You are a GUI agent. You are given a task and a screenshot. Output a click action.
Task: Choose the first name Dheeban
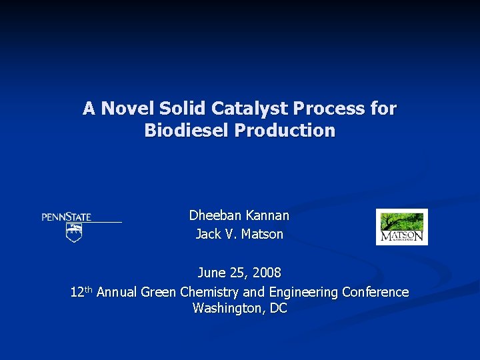pyautogui.click(x=214, y=215)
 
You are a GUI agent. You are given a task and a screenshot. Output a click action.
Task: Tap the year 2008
pyautogui.click(x=267, y=273)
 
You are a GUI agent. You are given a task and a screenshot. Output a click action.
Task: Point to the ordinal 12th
pyautogui.click(x=81, y=291)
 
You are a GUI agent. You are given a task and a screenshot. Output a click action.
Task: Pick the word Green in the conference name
pyautogui.click(x=158, y=292)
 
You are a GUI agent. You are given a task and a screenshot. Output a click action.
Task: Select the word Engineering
pyautogui.click(x=300, y=292)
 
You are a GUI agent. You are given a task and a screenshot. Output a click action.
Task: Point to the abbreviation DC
pyautogui.click(x=278, y=309)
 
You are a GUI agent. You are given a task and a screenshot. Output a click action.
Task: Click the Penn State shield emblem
pyautogui.click(x=74, y=233)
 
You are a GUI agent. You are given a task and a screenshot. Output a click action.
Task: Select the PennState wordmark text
pyautogui.click(x=67, y=217)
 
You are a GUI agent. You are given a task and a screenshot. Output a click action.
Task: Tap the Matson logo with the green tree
pyautogui.click(x=401, y=227)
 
